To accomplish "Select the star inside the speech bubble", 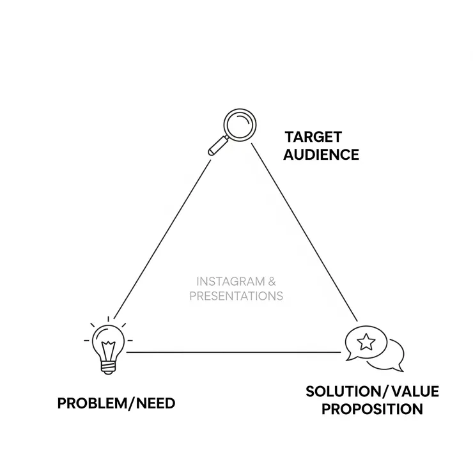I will click(x=366, y=342).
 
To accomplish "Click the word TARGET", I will click(x=313, y=137).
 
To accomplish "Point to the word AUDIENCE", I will click(x=322, y=155).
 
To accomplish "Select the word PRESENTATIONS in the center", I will click(x=236, y=297).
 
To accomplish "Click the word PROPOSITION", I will click(x=371, y=409).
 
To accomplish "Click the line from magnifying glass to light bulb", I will click(x=163, y=235).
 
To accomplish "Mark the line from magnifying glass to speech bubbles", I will click(x=304, y=233).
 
